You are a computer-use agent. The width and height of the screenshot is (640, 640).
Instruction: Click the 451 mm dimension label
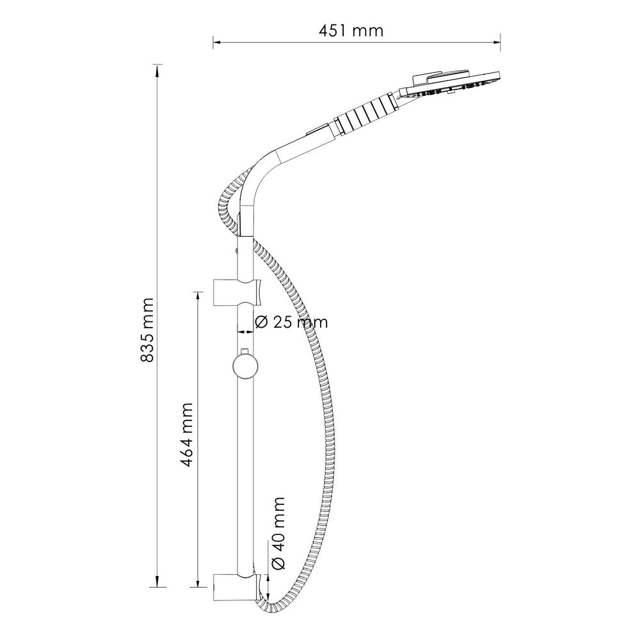[351, 31]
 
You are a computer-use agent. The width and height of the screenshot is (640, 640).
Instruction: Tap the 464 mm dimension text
[186, 435]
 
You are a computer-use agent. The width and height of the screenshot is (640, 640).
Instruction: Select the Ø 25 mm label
[291, 322]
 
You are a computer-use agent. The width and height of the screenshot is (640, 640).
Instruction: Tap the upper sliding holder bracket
[237, 292]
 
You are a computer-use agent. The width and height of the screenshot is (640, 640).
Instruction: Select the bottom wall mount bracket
[236, 588]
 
